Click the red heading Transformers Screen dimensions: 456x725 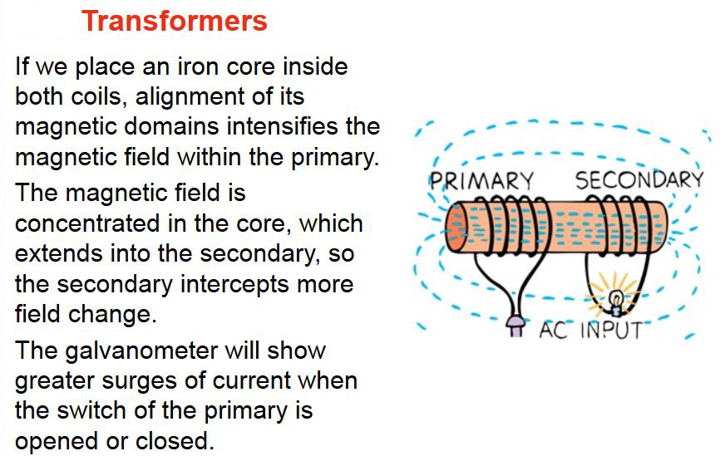[x=175, y=21]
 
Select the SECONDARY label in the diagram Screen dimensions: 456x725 [x=639, y=180]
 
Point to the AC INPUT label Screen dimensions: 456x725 [x=589, y=330]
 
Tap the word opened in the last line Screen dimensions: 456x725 [x=55, y=442]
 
